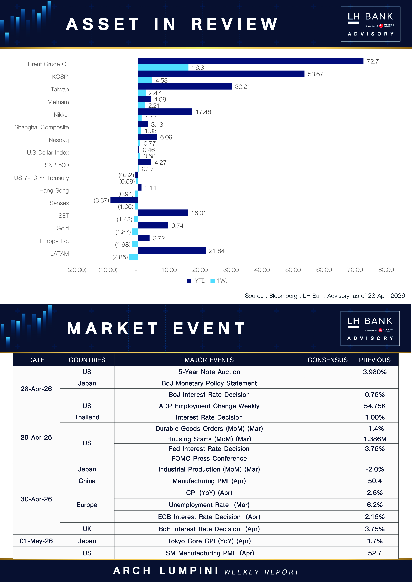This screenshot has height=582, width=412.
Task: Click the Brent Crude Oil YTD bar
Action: pos(251,61)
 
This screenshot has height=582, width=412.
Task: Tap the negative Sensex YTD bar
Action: pos(124,200)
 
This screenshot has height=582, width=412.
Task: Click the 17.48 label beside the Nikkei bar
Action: pos(203,112)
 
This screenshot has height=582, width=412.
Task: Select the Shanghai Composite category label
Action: pos(42,127)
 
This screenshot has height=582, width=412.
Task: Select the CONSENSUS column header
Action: pos(327,360)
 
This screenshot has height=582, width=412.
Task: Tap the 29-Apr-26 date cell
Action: pos(36,437)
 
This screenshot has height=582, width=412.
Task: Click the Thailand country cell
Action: pos(87,417)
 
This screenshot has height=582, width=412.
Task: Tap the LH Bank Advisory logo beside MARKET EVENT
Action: pos(370,328)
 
